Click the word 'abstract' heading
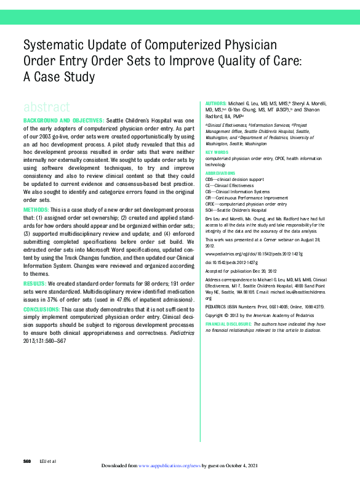46,106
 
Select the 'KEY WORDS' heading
217,152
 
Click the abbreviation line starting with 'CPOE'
246,204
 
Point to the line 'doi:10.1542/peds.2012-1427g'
236,262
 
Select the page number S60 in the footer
26,461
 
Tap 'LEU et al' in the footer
47,461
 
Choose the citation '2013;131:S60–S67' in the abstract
44,340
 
